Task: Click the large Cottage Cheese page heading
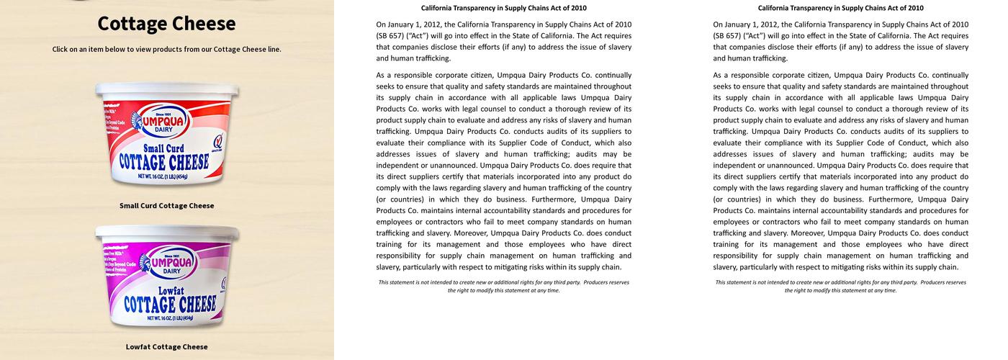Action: pos(166,24)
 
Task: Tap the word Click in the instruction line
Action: pos(61,50)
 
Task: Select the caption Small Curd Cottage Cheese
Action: pos(166,206)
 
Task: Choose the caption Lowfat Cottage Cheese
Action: pos(166,347)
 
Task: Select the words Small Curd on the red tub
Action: pos(164,148)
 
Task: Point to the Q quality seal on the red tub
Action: pos(218,140)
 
